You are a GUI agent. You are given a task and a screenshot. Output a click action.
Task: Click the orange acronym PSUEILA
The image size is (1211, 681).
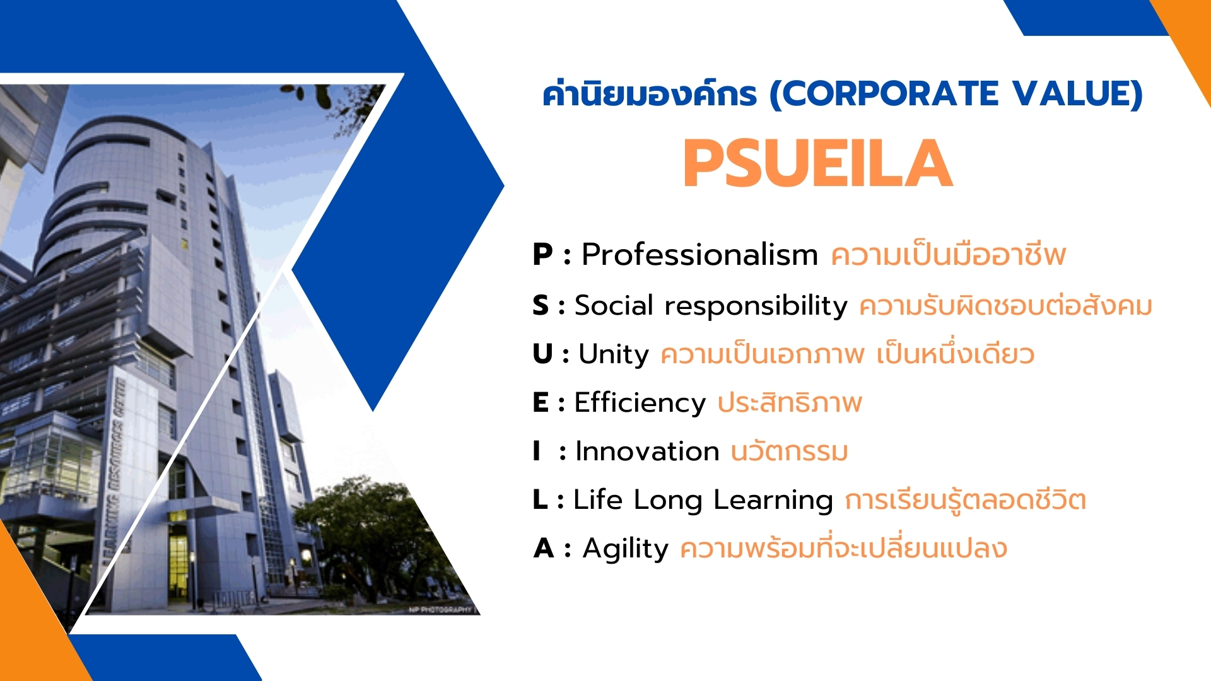[x=818, y=163]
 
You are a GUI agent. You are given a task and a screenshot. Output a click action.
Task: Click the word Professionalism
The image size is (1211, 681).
[x=699, y=255]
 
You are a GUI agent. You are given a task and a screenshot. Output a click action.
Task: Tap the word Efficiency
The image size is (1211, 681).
[x=640, y=403]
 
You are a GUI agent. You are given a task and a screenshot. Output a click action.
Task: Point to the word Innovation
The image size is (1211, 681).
[x=648, y=451]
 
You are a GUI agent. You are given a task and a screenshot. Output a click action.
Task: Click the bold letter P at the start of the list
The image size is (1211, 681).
[x=542, y=255]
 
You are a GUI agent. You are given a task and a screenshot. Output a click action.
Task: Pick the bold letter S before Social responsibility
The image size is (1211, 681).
[x=541, y=305]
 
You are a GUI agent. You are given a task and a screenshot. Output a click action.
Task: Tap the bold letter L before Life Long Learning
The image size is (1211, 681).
[x=540, y=500]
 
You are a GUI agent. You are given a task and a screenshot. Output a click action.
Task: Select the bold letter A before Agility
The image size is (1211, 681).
[x=544, y=549]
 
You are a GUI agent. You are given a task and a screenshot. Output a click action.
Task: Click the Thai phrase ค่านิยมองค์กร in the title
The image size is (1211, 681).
[x=650, y=94]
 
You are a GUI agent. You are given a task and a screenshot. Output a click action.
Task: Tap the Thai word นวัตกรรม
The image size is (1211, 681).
[x=789, y=451]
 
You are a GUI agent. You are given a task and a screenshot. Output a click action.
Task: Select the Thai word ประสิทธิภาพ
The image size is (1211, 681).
[x=790, y=402]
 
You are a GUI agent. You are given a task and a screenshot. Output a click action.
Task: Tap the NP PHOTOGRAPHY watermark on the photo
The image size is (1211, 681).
[x=440, y=610]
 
